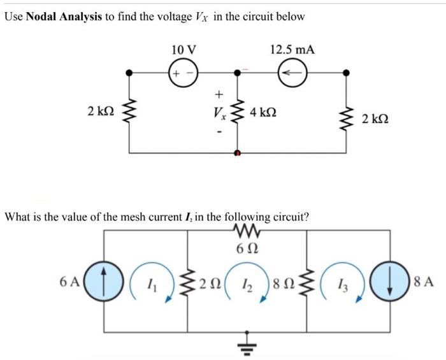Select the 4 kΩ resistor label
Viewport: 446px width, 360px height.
[264, 114]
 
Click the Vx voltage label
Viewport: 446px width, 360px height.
[219, 115]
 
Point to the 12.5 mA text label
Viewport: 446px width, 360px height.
[292, 50]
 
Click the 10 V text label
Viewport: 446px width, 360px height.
[184, 50]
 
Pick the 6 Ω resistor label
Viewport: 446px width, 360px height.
[242, 247]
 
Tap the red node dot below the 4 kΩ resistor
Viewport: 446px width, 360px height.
[238, 154]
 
